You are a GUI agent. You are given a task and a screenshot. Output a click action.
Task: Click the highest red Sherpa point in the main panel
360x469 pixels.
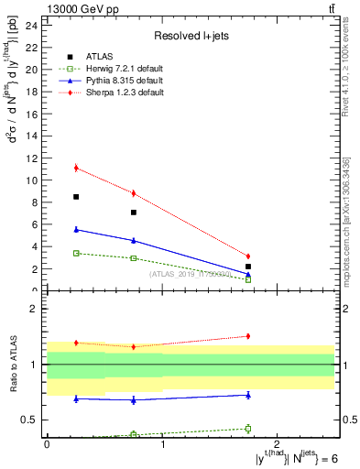(x=76, y=168)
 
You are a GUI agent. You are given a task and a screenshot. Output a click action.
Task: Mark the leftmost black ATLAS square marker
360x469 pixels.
(x=76, y=197)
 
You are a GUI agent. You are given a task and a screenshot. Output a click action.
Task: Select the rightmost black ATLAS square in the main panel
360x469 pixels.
(x=248, y=267)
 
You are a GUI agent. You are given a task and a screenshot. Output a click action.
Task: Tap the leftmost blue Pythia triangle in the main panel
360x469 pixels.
(x=76, y=229)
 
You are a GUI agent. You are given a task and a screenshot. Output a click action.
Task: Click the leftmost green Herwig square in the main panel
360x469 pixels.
(x=76, y=253)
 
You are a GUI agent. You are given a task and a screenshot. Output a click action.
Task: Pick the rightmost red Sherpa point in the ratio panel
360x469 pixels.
(x=248, y=336)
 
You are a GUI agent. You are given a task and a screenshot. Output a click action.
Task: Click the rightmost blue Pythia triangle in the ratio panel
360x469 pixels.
(x=248, y=395)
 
